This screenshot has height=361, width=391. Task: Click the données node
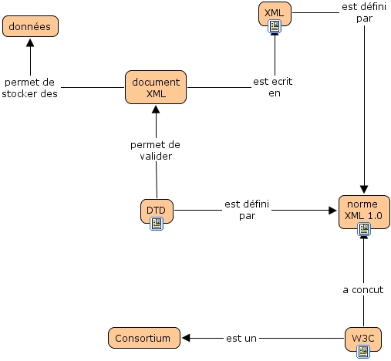(30, 26)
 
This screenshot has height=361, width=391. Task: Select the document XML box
(156, 87)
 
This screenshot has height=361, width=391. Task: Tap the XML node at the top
(275, 12)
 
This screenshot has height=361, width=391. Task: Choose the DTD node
(157, 208)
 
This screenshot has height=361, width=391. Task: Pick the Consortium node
(143, 337)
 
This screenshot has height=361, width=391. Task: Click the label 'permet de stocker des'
(30, 88)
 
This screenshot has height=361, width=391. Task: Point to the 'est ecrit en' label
(273, 87)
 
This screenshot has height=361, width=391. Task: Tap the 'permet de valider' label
(155, 150)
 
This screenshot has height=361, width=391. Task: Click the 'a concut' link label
(362, 290)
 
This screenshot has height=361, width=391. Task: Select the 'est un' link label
(241, 337)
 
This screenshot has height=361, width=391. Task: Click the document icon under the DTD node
(157, 224)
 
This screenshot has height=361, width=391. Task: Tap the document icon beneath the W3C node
(363, 353)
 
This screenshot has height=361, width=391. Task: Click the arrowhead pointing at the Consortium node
(186, 337)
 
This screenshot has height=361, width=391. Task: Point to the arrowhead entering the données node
(30, 42)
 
